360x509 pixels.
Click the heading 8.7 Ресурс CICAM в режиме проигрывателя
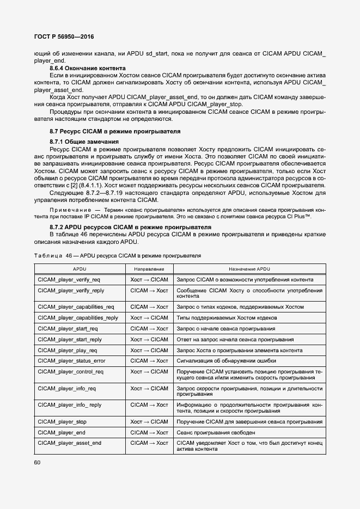click(115, 131)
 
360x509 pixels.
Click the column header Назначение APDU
click(249, 269)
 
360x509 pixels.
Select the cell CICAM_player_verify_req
click(69, 279)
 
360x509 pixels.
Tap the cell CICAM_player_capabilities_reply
click(78, 317)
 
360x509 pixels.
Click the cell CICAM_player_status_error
click(71, 361)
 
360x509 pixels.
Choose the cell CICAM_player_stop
click(62, 421)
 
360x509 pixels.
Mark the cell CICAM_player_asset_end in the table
click(69, 443)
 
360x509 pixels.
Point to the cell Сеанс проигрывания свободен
click(216, 432)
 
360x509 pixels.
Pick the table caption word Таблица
click(48, 255)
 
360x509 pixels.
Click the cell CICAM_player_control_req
click(70, 371)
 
